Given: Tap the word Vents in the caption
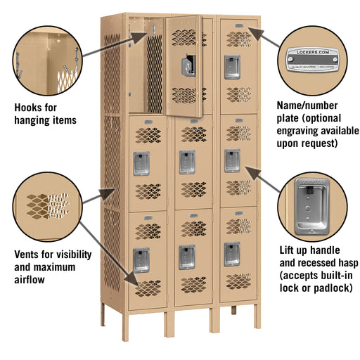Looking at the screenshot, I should click(x=29, y=254).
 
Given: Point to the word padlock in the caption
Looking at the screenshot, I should click(x=330, y=288).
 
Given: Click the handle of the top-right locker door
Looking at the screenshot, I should click(x=232, y=67).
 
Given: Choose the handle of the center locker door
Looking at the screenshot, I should click(x=186, y=161).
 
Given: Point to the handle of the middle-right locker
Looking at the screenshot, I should click(x=232, y=160).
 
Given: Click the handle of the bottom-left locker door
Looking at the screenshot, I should click(x=141, y=259).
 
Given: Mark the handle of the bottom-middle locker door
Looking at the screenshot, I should click(x=186, y=257).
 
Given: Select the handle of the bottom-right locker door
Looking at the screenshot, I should click(x=232, y=254).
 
